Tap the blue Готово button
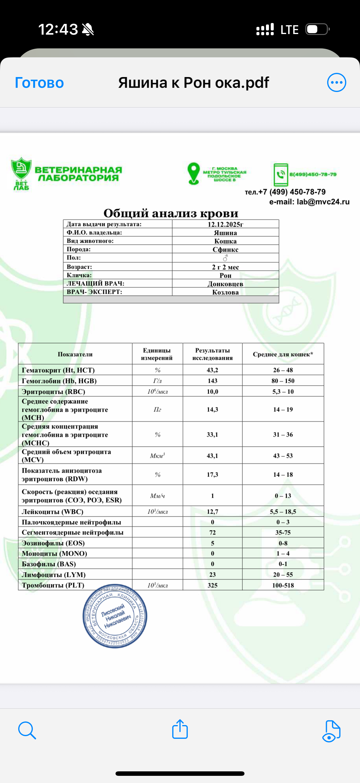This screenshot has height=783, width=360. point(39,83)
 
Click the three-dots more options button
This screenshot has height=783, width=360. point(336,82)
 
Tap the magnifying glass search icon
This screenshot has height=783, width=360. point(27,730)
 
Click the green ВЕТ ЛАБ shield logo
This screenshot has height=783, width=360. point(21,173)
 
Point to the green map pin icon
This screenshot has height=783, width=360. point(193,174)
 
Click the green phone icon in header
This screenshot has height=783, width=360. point(280,174)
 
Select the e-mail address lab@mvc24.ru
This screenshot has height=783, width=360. point(323,202)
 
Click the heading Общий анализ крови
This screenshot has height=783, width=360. point(171,213)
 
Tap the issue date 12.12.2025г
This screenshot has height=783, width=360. point(225,224)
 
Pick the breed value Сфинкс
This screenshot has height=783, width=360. point(225,250)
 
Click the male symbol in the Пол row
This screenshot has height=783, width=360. point(225,258)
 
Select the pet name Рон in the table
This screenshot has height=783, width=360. point(225,275)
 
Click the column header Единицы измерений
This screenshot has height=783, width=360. point(157,354)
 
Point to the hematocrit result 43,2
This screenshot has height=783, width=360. point(212,370)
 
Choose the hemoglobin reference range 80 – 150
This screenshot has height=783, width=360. point(283,381)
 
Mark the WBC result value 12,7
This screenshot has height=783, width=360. point(212,512)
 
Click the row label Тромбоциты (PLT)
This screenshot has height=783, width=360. point(53,585)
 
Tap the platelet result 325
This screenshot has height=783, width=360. point(212,585)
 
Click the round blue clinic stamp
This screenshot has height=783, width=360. point(115,616)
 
